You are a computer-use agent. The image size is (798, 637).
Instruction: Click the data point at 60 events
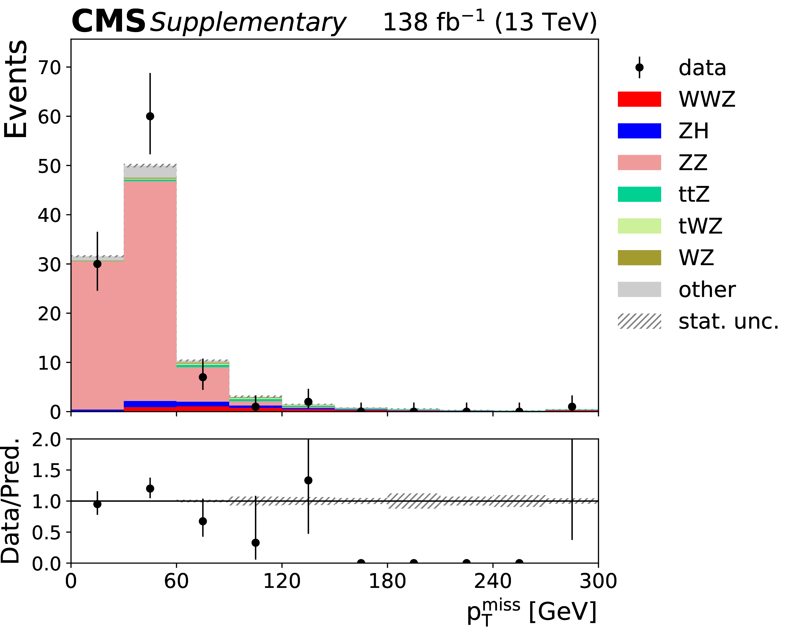150,116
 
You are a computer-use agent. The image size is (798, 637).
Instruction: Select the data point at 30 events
97,264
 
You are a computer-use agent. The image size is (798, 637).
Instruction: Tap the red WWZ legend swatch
639,99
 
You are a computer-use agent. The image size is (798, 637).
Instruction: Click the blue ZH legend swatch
639,131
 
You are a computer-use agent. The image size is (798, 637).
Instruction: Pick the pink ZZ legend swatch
639,163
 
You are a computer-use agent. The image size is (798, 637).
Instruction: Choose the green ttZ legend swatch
639,194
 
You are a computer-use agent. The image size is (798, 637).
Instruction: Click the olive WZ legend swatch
639,258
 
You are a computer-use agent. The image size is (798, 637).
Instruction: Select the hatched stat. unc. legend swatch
639,321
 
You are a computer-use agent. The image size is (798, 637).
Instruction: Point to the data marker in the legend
639,67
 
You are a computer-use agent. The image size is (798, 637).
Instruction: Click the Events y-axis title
16,89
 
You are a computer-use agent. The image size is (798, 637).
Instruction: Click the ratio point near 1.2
150,489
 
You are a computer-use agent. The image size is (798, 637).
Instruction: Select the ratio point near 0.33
255,543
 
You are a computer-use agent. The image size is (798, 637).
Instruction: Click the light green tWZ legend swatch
639,226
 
